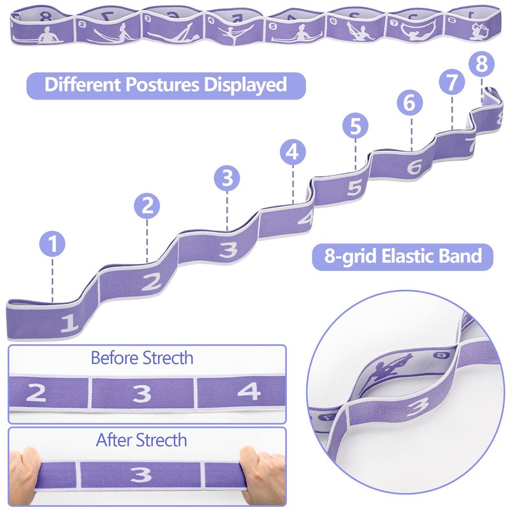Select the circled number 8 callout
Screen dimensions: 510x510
pyautogui.click(x=481, y=64)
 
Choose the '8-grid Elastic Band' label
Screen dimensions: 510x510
pyautogui.click(x=403, y=256)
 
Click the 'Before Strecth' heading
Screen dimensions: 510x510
pyautogui.click(x=142, y=357)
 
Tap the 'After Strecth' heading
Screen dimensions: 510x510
pyautogui.click(x=142, y=439)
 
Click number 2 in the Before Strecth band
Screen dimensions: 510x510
pyautogui.click(x=37, y=393)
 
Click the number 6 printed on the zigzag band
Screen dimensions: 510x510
pyautogui.click(x=414, y=165)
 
